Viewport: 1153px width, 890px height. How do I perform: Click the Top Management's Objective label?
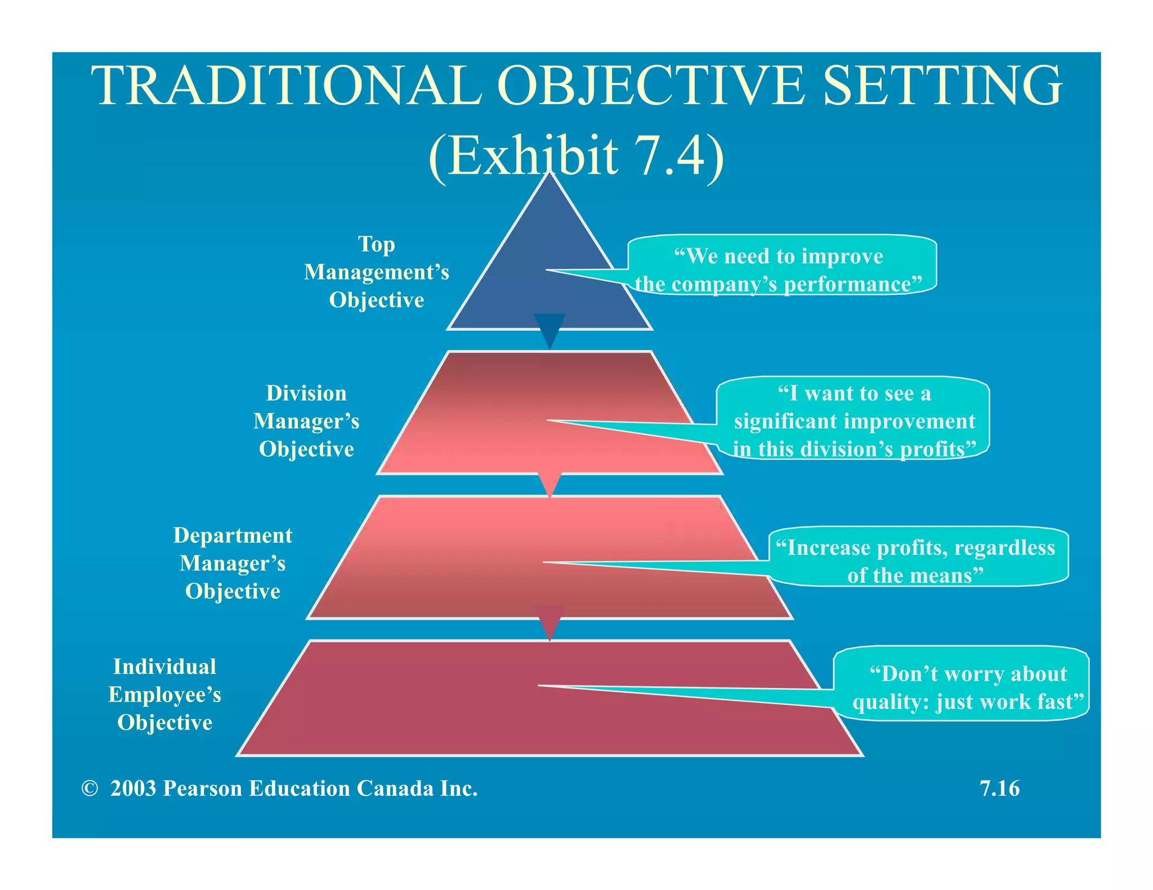click(377, 272)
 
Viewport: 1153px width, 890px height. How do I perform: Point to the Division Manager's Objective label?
click(306, 421)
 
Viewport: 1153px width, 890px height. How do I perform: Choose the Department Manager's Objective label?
click(233, 563)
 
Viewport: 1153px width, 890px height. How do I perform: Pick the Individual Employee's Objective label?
click(164, 694)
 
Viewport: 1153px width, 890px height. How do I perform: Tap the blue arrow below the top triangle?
click(549, 330)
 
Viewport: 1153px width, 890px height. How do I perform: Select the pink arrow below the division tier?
click(549, 483)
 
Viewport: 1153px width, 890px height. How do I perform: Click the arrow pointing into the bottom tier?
click(549, 622)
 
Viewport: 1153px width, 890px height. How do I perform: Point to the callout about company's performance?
click(780, 270)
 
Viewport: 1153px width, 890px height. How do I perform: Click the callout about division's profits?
click(853, 421)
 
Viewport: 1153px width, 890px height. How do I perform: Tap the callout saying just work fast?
click(965, 687)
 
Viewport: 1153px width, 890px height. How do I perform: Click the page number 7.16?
click(999, 788)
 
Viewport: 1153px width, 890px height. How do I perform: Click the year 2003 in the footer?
click(133, 789)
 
